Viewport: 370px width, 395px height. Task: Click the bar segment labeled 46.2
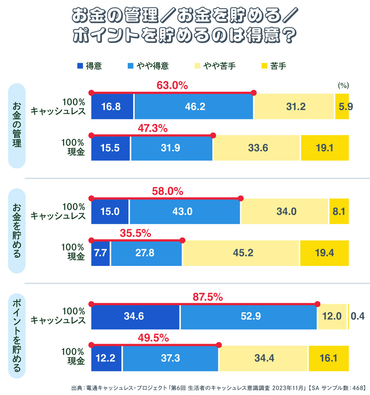click(x=194, y=107)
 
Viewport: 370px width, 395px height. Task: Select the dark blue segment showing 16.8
click(x=112, y=107)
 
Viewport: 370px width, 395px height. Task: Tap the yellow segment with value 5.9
click(x=342, y=107)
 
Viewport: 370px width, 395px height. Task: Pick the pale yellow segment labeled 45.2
click(x=241, y=253)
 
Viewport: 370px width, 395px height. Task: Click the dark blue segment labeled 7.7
click(x=100, y=253)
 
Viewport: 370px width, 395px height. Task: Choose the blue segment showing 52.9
click(x=249, y=316)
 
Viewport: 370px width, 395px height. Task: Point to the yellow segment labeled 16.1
click(x=329, y=358)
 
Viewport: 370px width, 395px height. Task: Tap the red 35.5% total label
click(x=135, y=233)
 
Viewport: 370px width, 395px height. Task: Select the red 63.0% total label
click(x=172, y=86)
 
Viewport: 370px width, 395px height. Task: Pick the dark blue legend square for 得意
click(x=80, y=66)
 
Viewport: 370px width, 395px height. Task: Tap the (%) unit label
click(x=343, y=85)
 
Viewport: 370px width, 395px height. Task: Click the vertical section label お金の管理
click(x=17, y=126)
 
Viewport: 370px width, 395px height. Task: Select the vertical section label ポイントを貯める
click(x=17, y=336)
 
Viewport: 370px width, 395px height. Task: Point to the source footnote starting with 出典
click(x=218, y=388)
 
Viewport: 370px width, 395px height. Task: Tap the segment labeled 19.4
click(x=324, y=253)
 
